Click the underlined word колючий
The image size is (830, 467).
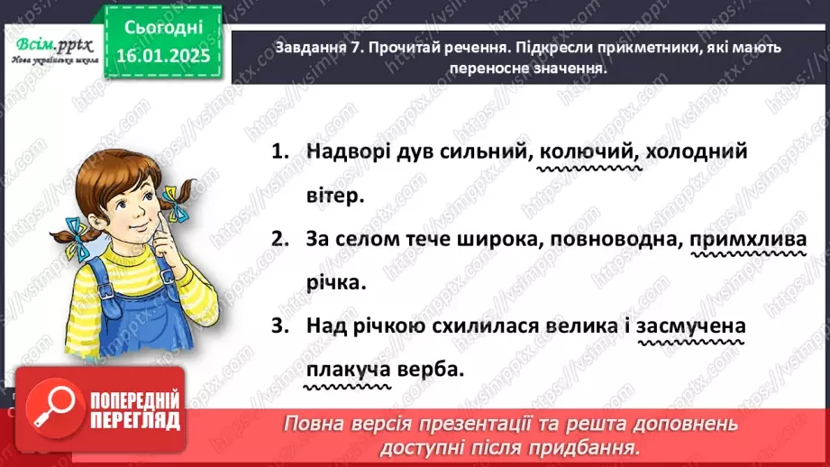click(585, 153)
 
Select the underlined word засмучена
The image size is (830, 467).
click(691, 326)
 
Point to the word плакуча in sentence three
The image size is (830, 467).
click(347, 369)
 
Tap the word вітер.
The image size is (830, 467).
click(335, 196)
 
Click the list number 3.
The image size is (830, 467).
click(278, 326)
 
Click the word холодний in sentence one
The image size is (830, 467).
click(697, 153)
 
